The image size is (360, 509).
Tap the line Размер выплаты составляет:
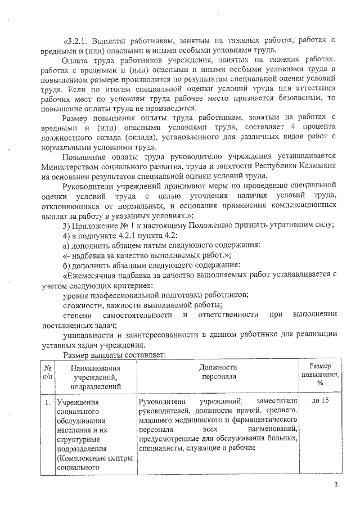[114, 355]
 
